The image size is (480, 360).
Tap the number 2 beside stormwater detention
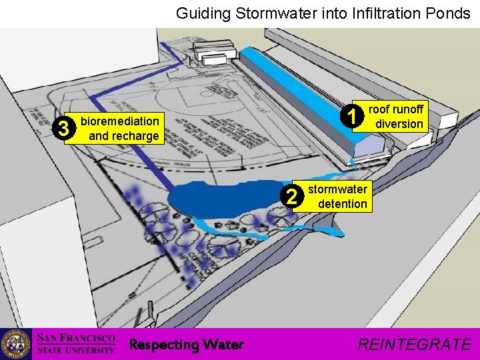pos(291,196)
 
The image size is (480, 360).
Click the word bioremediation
pos(119,121)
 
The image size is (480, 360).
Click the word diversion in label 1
pos(399,123)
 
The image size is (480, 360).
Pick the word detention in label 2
pos(342,203)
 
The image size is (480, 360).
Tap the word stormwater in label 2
pos(337,190)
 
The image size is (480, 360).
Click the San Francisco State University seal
pos(15,344)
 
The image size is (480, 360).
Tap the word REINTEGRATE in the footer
pos(414,344)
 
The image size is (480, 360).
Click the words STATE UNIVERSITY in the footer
pos(75,350)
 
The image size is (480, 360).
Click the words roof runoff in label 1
pos(396,110)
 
